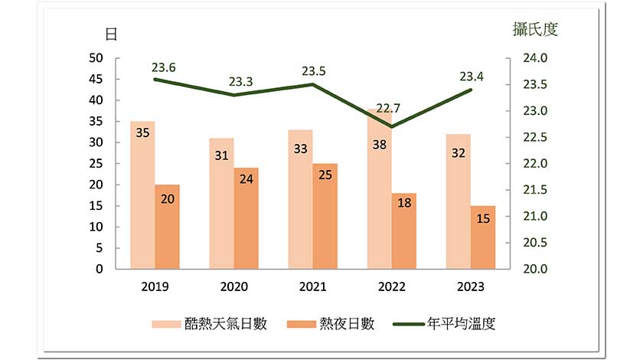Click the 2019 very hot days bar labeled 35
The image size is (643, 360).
pos(142,195)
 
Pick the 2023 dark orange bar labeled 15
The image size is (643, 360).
pos(483,237)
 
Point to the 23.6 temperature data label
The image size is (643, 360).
pos(163,67)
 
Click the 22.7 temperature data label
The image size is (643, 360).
pos(388,108)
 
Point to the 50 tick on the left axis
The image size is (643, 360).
pos(96,58)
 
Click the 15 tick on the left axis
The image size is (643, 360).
pos(96,206)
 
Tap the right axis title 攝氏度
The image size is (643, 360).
pos(535,30)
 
